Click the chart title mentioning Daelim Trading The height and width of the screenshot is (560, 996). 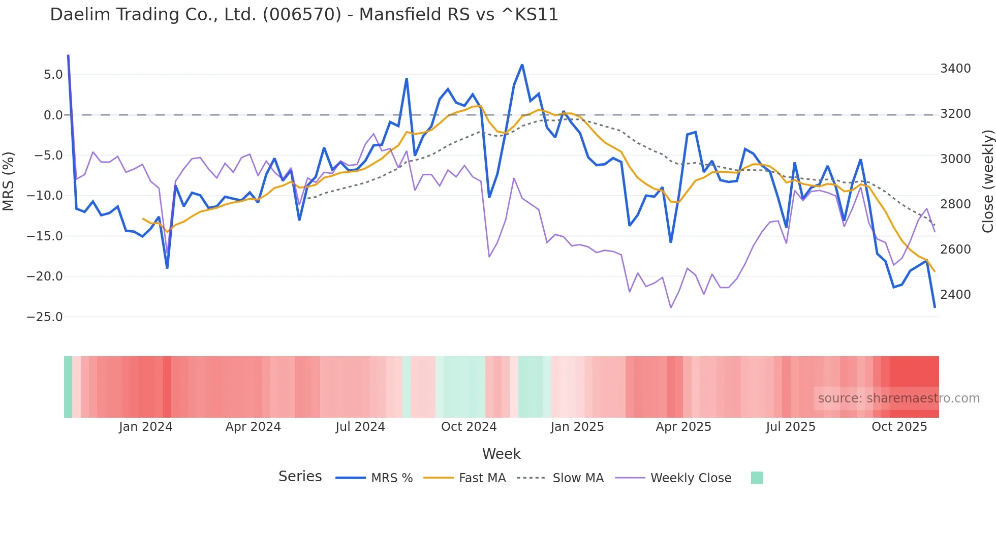[304, 15]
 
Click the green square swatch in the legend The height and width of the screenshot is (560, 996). [757, 478]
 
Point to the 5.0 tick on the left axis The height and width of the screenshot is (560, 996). [53, 75]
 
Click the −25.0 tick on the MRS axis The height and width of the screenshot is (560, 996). [45, 317]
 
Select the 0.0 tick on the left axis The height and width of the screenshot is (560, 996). [53, 115]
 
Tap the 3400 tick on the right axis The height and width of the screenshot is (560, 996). [955, 69]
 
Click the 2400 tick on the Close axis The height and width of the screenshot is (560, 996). [955, 295]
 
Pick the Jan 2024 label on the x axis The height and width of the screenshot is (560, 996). [145, 427]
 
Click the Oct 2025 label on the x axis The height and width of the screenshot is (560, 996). [899, 427]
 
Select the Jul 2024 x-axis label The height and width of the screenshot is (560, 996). [360, 427]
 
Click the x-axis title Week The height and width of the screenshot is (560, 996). [501, 454]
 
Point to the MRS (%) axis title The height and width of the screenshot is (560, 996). [9, 181]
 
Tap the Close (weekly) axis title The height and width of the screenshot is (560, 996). [987, 181]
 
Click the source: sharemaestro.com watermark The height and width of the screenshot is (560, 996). [898, 398]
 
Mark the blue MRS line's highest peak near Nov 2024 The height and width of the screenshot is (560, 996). [522, 65]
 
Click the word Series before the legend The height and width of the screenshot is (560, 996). [300, 477]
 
